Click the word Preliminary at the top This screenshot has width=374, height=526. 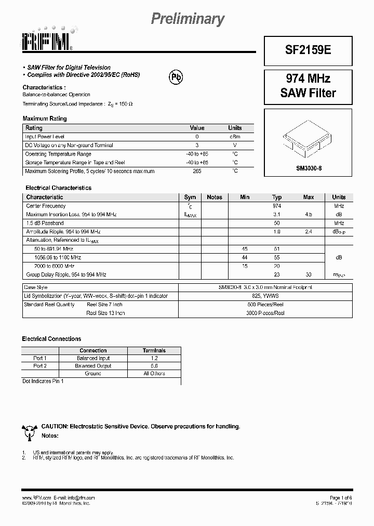pos(188,19)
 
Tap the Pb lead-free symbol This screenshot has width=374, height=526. pos(177,76)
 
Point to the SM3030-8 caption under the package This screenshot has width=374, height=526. pos(309,168)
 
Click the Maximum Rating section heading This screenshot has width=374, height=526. pos(45,119)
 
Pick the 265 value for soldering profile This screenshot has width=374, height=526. pos(196,171)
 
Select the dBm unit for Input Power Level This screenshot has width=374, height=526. pos(235,137)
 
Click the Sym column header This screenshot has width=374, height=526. pos(190,198)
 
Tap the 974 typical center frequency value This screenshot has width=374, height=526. pos(276,206)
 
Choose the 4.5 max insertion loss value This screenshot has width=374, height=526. pos(309,214)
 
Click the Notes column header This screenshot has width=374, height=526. pos(214,198)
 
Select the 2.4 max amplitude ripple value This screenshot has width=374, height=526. pos(309,231)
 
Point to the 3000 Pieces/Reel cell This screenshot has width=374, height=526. pos(265,313)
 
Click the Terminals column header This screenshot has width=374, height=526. pos(154,351)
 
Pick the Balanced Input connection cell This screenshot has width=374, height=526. pos(93,358)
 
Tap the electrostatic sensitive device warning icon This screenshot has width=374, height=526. pos(29,430)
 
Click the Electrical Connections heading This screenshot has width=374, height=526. pos(51,339)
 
